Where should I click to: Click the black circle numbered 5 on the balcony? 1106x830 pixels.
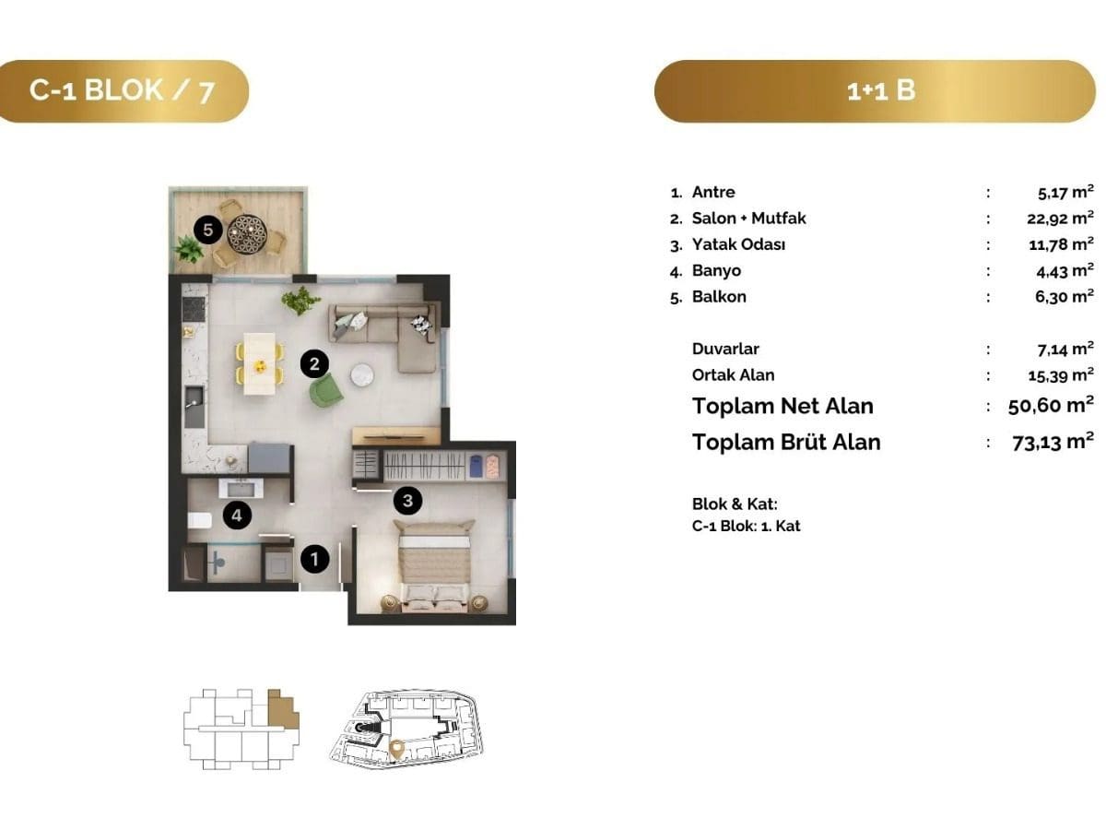point(207,230)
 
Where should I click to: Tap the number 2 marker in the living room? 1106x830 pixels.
point(314,363)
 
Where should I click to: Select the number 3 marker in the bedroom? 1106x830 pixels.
point(407,500)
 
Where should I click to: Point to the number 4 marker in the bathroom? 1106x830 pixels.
point(237,515)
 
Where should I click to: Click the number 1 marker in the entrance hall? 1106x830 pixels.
point(314,559)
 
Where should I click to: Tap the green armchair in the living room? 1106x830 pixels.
point(326,390)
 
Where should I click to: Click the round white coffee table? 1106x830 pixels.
point(362,375)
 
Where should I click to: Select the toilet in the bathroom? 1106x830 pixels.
point(199,520)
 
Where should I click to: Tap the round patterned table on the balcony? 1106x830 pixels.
point(246,233)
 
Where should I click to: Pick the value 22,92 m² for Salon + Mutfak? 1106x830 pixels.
point(1060,218)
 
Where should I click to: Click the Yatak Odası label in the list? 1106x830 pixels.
point(738,244)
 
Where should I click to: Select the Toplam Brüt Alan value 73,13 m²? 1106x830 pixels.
point(1053,442)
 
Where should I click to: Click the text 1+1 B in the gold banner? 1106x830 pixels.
point(881,91)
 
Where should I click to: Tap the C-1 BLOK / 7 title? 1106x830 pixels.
point(122,91)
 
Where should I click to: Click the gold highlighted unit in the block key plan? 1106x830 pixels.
point(282,708)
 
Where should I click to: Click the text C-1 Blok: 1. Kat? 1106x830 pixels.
point(746,526)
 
